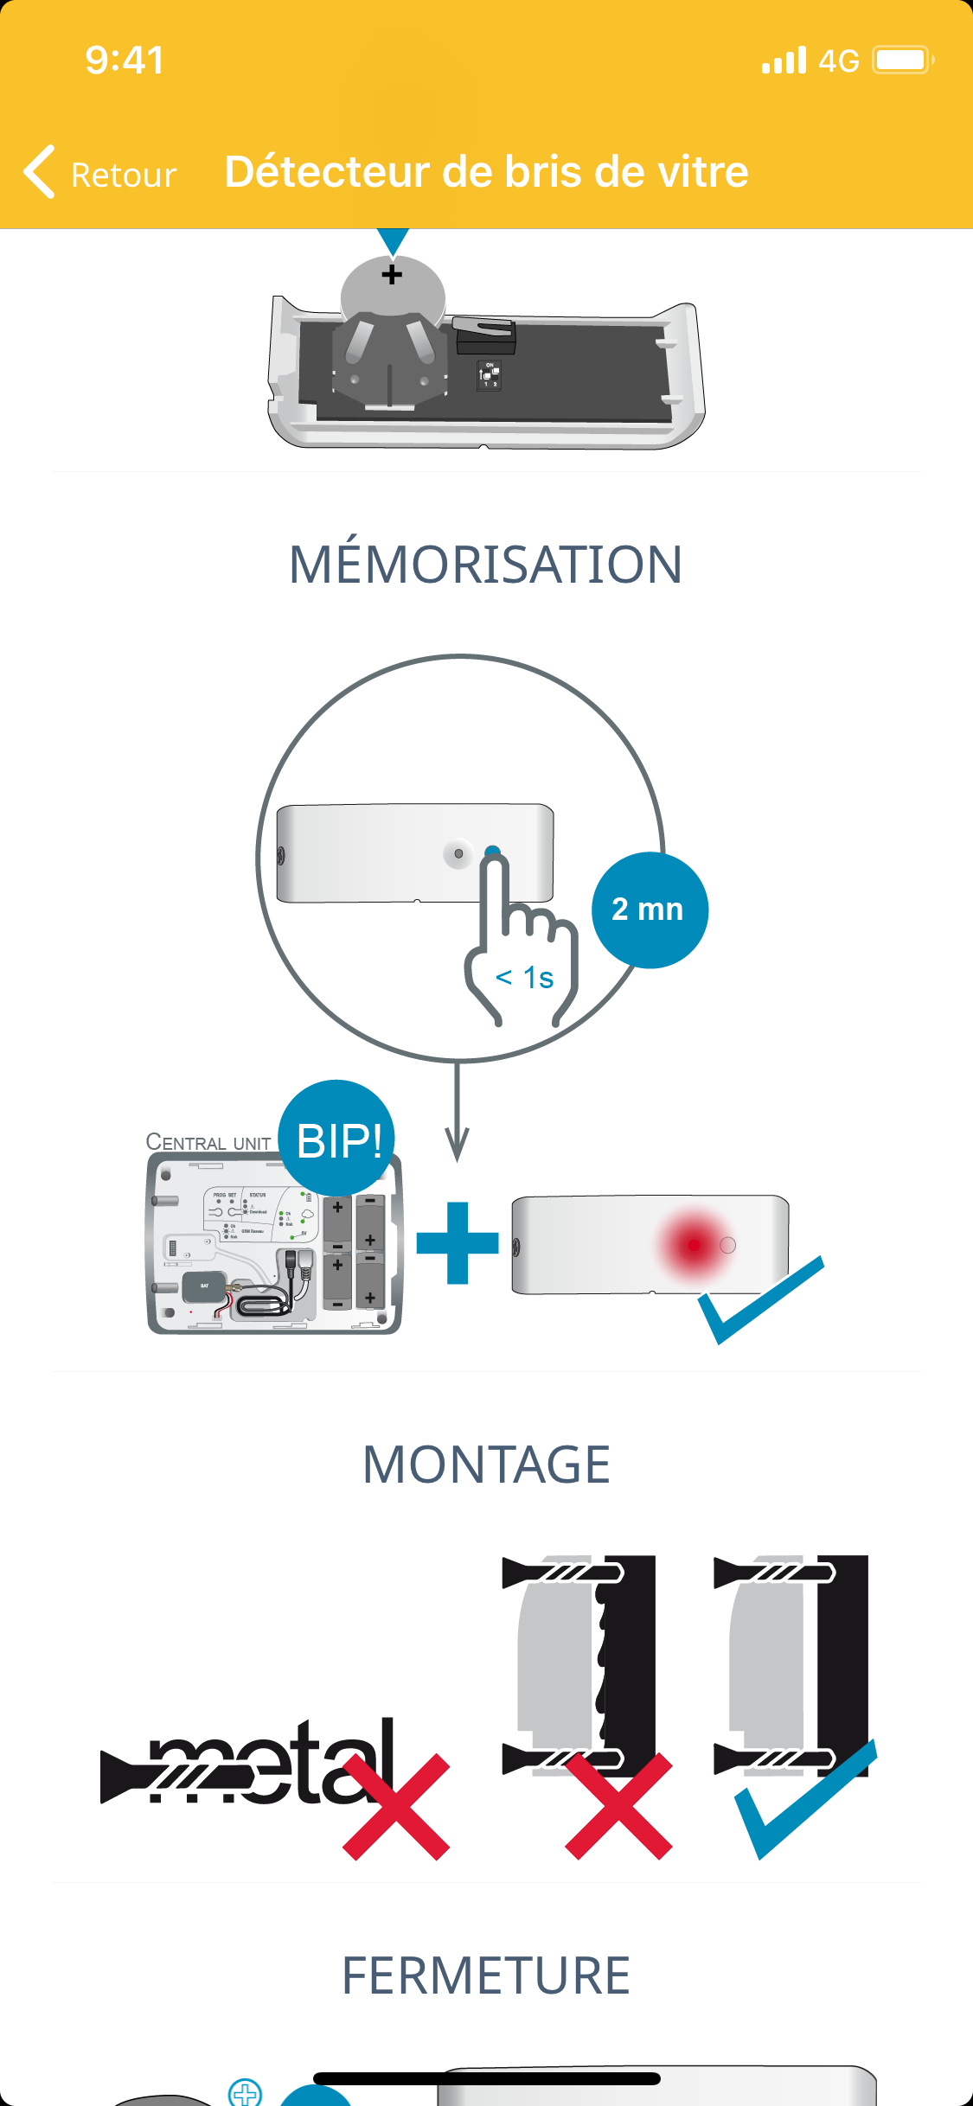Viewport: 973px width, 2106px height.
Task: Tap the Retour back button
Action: point(100,173)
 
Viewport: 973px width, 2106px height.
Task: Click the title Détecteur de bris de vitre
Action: point(486,171)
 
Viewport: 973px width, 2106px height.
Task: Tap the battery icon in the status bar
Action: point(902,61)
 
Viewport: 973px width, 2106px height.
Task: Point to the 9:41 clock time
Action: point(125,61)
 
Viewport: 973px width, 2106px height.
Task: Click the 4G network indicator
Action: point(838,61)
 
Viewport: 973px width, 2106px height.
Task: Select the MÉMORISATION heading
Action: point(486,565)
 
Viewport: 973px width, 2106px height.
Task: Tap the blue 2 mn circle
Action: point(650,909)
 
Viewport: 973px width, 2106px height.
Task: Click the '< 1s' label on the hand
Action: point(524,978)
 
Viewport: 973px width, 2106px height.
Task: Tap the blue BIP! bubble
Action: point(338,1139)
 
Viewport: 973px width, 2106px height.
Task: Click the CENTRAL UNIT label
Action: point(208,1142)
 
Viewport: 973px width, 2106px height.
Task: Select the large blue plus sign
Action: point(458,1243)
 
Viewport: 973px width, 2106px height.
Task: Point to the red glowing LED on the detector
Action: point(694,1245)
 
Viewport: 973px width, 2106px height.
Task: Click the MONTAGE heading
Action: point(486,1465)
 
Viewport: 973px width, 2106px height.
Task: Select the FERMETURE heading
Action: point(486,1975)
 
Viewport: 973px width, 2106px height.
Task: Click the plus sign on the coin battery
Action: point(392,275)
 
